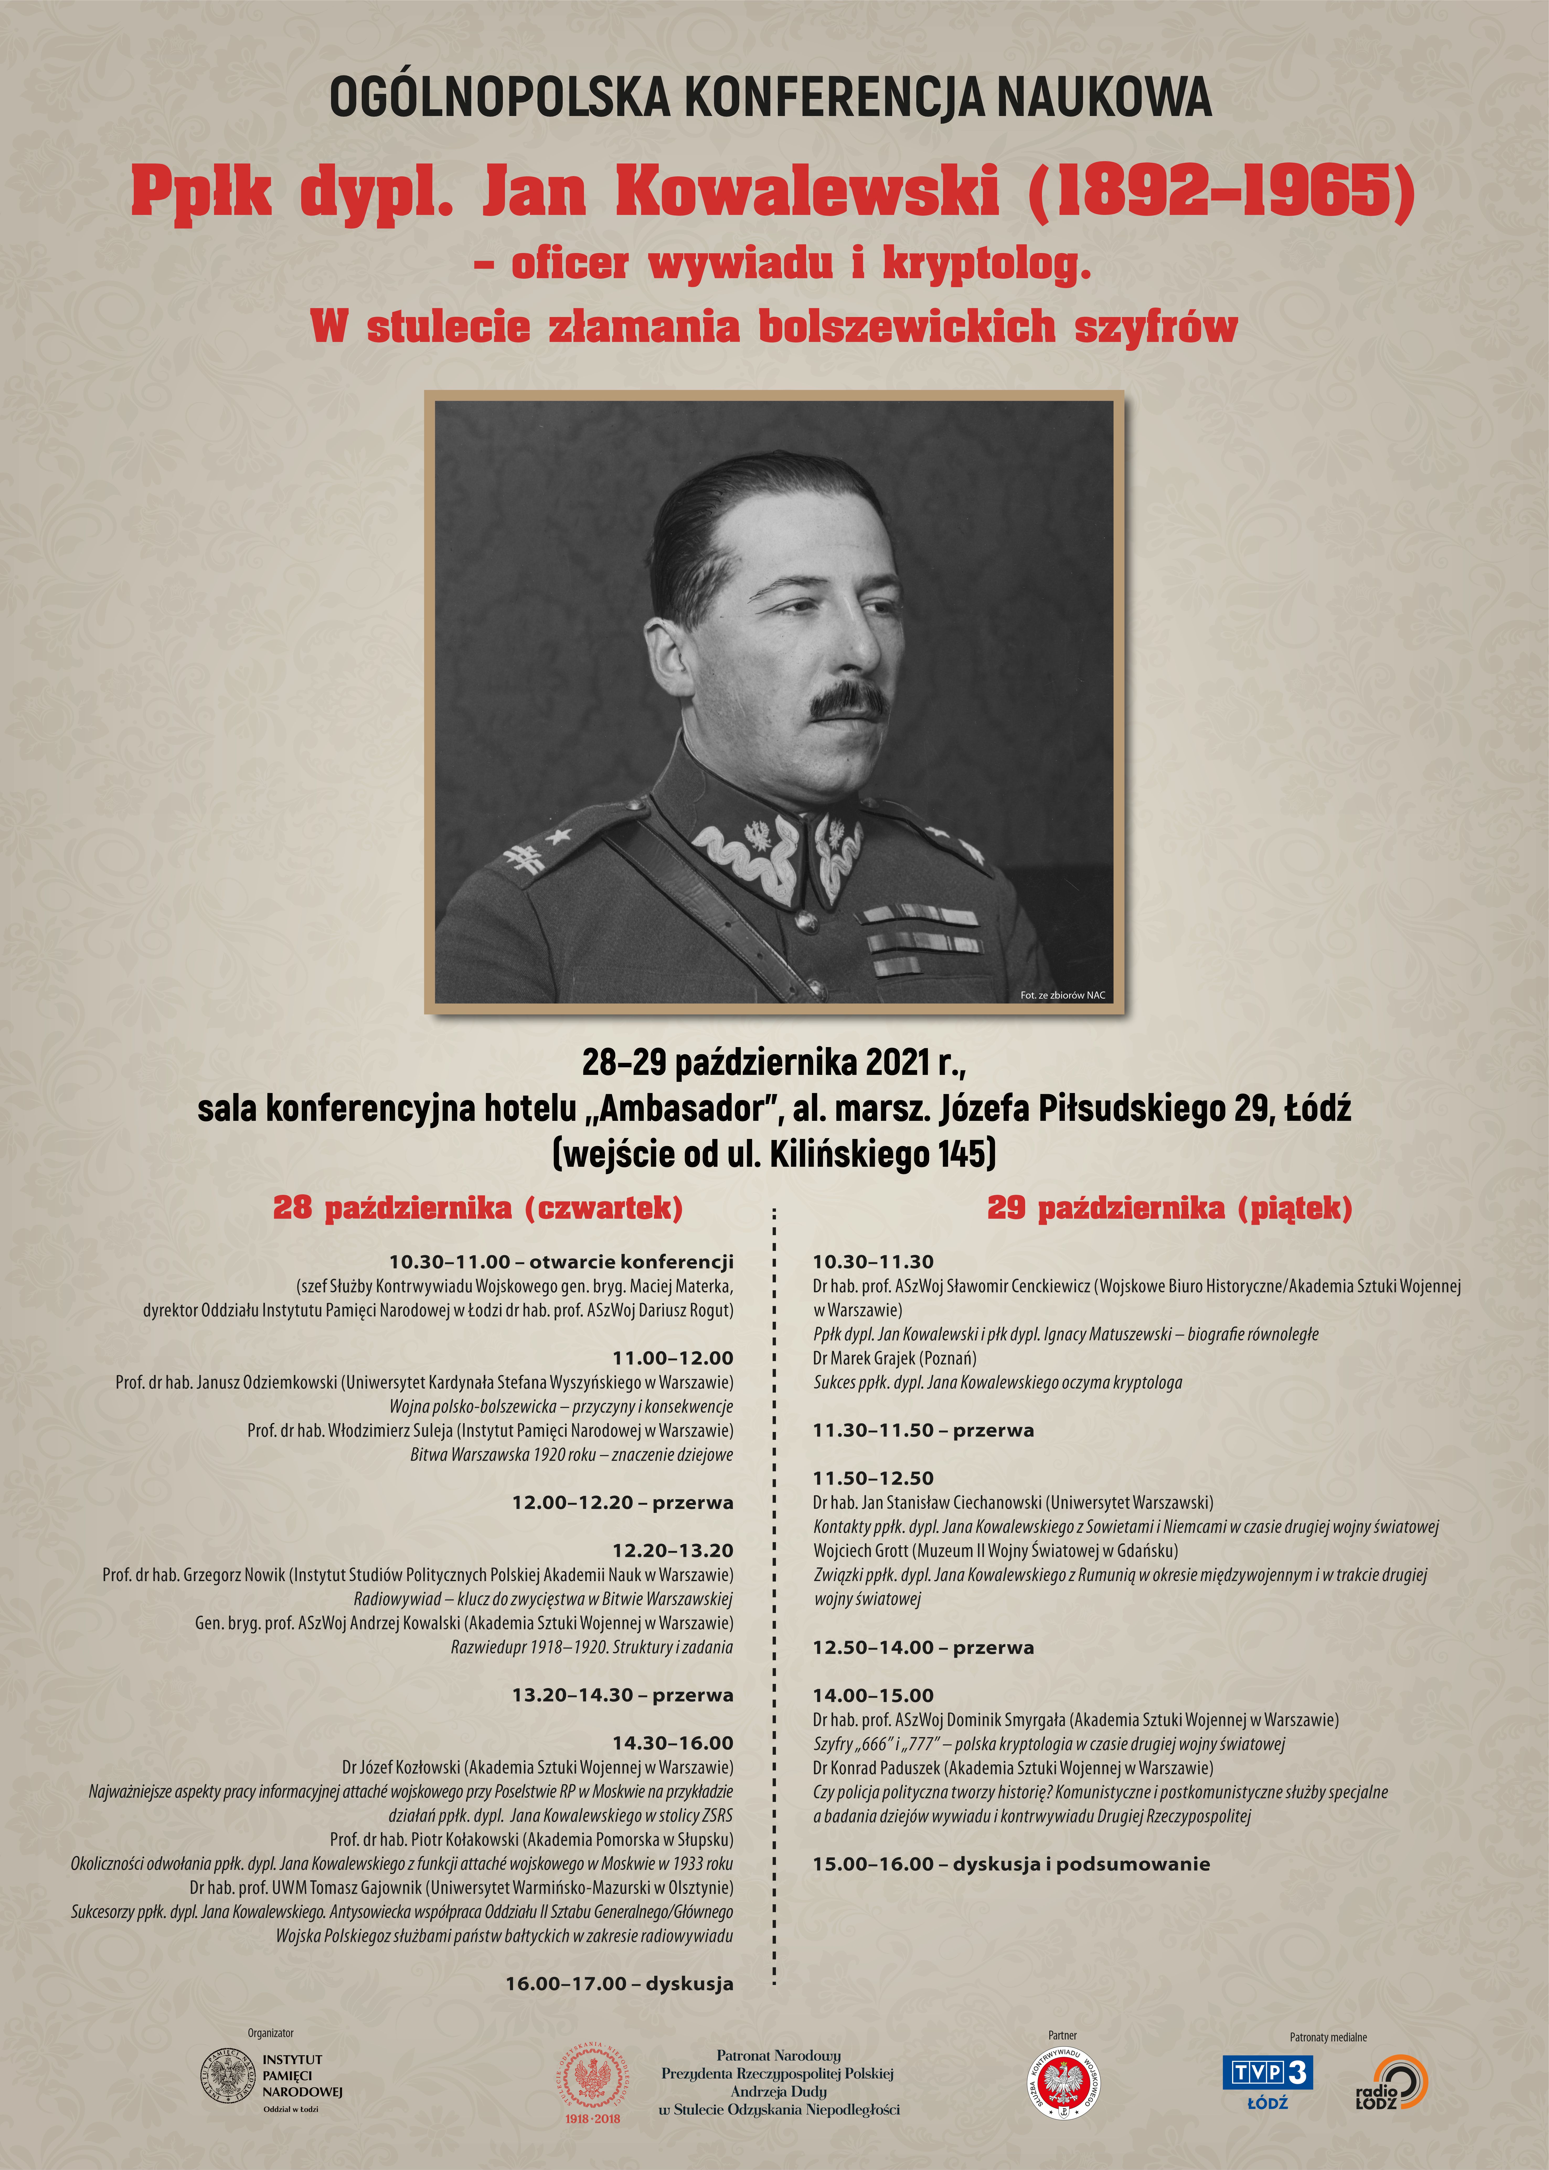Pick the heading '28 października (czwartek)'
point(478,1208)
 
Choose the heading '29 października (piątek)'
point(1169,1208)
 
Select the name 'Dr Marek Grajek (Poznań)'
point(895,1358)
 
